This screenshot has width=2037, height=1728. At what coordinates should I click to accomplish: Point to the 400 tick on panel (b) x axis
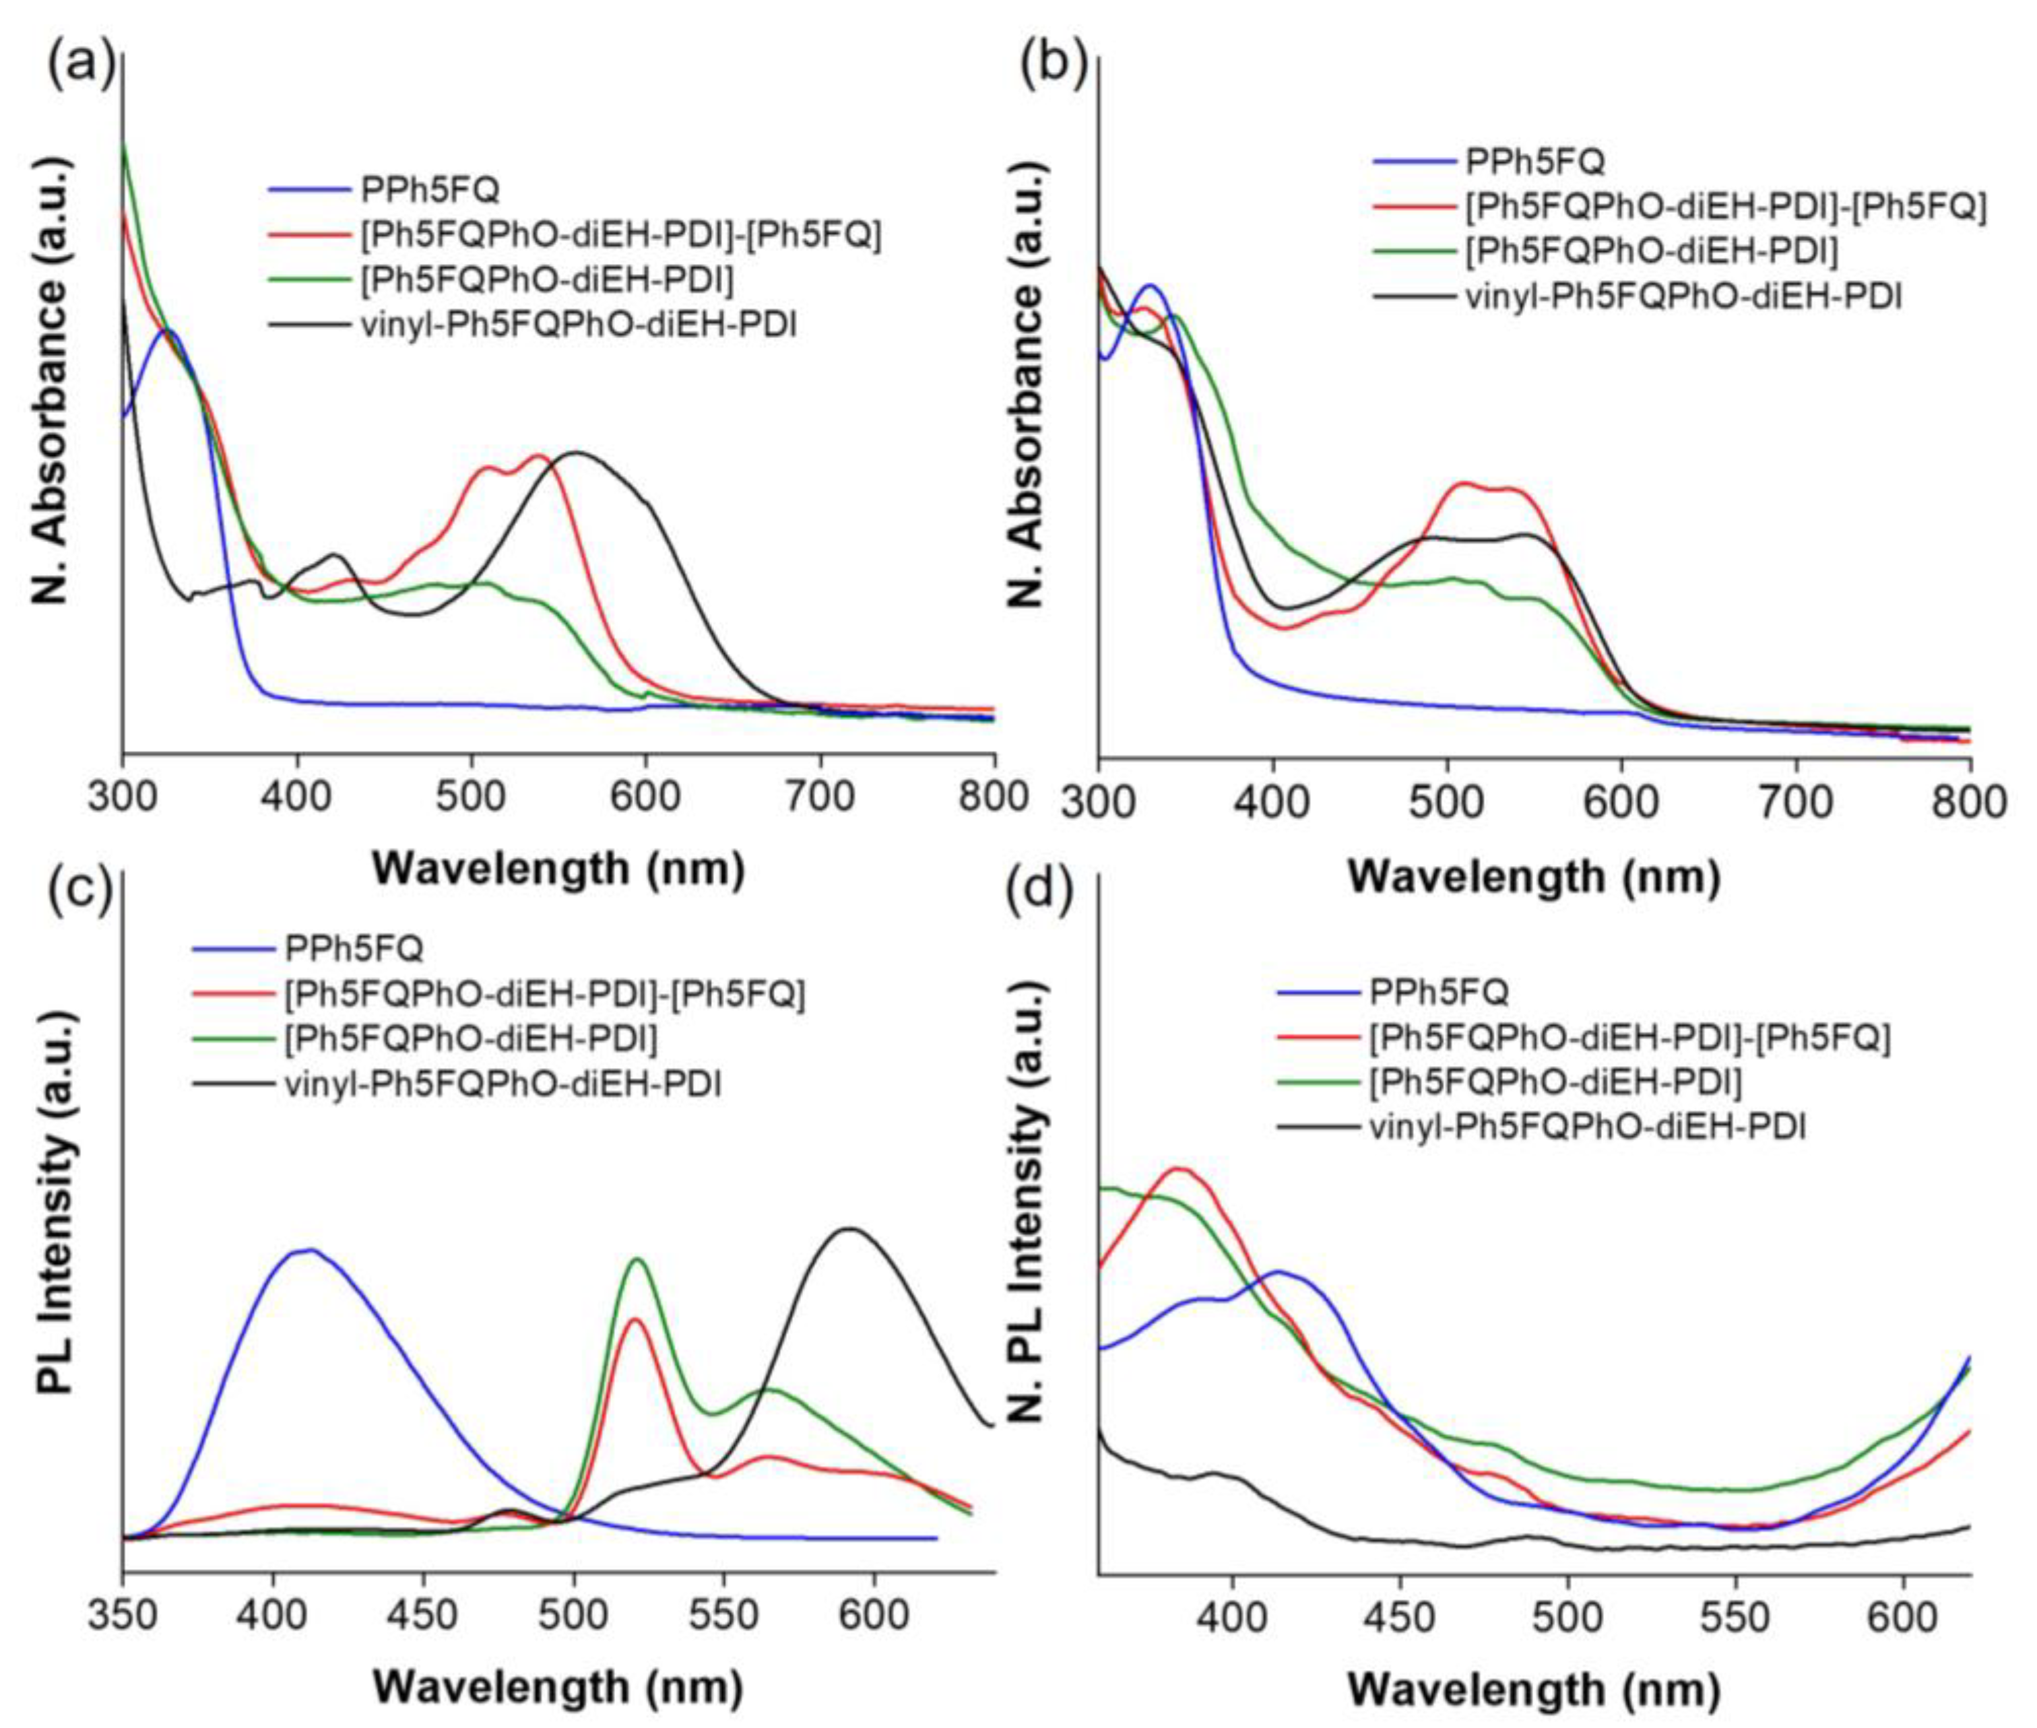[1272, 802]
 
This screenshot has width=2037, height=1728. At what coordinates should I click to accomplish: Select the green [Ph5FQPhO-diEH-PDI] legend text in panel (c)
[470, 1037]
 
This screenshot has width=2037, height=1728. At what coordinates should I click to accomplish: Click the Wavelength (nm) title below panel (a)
[558, 868]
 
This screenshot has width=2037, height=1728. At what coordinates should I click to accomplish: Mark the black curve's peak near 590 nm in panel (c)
[849, 1228]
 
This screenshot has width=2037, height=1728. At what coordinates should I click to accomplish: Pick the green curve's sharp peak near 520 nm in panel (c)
[638, 1259]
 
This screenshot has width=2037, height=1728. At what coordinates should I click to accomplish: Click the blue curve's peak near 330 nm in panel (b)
[1151, 286]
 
